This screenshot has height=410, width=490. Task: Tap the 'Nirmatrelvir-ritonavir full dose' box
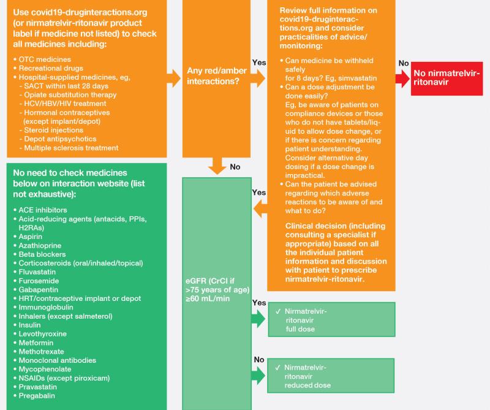click(x=330, y=320)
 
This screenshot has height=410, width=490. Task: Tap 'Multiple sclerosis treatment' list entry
click(x=71, y=148)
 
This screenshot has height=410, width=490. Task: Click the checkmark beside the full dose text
click(x=278, y=311)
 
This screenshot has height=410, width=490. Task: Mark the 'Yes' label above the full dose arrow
click(x=259, y=303)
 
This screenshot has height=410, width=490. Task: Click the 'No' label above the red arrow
click(x=404, y=63)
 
